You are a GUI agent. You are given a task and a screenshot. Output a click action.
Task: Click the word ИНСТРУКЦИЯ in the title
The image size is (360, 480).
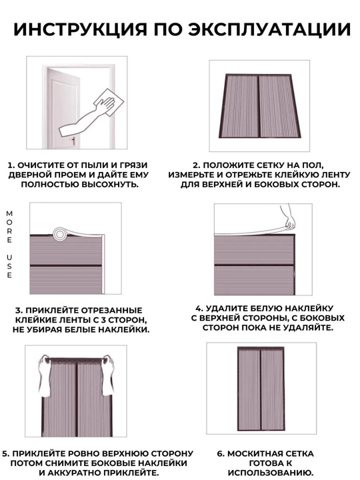pos(80,29)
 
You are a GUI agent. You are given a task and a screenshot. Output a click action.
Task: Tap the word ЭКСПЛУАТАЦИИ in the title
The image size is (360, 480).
pos(269,29)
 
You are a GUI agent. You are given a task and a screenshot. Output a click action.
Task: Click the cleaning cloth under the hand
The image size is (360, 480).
pos(108,102)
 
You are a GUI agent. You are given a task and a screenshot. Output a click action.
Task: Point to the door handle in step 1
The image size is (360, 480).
pos(73,141)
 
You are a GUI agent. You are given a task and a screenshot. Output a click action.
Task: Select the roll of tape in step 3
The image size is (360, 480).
pos(60,235)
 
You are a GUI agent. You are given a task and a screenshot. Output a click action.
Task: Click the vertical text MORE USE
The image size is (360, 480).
pos(9,244)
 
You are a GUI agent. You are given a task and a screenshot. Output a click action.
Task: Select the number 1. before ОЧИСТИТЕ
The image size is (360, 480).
pos(11,165)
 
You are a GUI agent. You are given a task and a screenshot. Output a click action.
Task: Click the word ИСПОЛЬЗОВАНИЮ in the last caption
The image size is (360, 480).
pos(271,473)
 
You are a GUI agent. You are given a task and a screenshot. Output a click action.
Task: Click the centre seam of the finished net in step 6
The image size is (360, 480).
pos(261,389)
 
